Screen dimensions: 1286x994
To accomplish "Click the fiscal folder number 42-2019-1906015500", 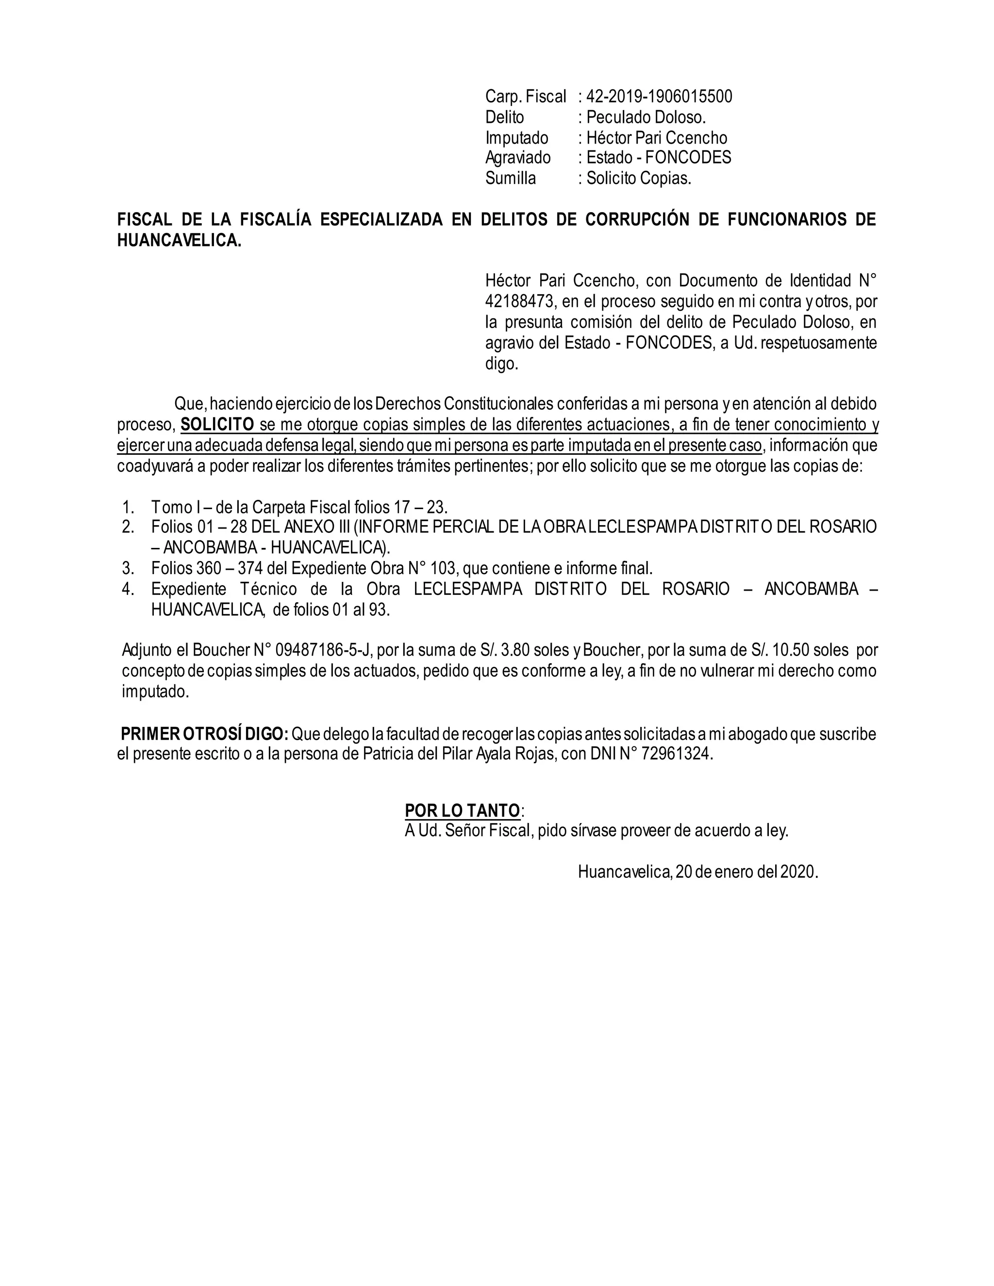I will coord(659,97).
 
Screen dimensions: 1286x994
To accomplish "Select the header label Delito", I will coord(504,117).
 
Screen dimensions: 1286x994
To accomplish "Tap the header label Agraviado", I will coord(517,158).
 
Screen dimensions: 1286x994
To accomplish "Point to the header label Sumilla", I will coord(510,179).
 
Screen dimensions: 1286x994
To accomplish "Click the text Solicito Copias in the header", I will coord(638,179).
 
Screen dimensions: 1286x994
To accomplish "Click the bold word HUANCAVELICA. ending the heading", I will coord(179,241).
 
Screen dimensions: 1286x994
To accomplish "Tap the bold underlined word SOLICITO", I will coord(217,425).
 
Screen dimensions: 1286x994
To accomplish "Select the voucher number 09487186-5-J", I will coord(323,650).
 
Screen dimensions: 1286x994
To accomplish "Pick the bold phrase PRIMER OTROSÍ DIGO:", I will coord(204,734).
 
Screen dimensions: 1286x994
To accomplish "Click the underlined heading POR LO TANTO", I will coord(462,811).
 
